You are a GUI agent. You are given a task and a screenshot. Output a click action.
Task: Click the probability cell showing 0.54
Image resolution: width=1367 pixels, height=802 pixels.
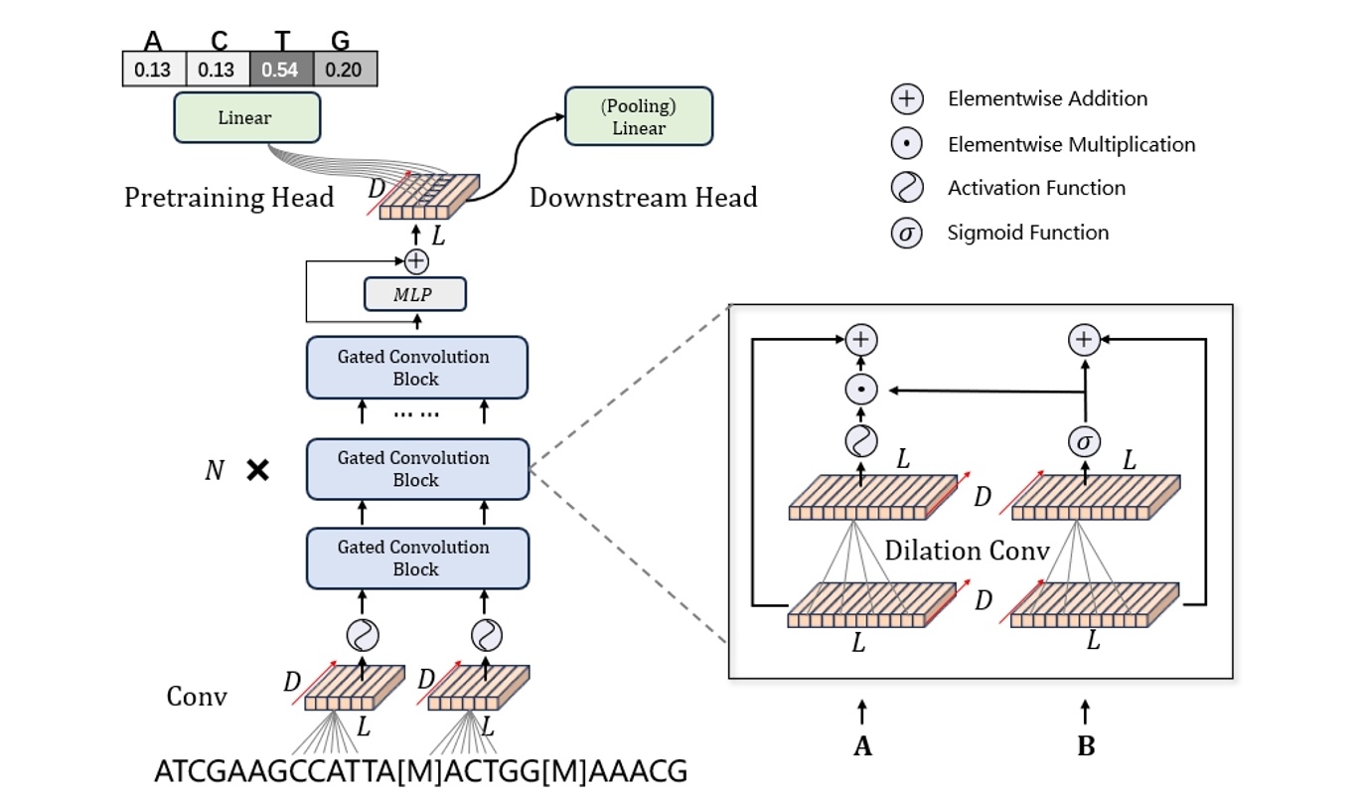[281, 70]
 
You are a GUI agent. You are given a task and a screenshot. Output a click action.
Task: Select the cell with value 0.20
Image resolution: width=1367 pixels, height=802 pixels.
[345, 70]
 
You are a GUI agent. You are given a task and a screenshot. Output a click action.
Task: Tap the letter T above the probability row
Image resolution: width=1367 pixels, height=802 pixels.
[281, 42]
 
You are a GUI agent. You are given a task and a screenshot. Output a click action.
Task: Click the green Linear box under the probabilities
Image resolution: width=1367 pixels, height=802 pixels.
[246, 118]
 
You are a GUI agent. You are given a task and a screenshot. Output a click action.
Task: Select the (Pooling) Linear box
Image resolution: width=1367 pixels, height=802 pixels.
[639, 117]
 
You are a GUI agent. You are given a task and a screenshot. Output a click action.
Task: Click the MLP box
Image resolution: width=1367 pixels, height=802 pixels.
[414, 294]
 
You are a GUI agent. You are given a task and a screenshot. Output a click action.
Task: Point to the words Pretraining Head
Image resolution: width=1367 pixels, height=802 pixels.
[228, 198]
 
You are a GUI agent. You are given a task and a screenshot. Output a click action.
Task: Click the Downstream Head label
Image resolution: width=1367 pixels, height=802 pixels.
[643, 198]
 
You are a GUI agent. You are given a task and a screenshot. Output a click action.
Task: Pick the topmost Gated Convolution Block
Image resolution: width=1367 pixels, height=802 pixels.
[416, 368]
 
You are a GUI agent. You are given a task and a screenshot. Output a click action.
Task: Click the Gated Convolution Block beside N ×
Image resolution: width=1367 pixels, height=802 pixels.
[416, 469]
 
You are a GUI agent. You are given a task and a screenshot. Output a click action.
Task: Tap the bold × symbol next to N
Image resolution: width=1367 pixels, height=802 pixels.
[257, 470]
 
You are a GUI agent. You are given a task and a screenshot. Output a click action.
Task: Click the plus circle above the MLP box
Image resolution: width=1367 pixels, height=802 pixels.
[416, 261]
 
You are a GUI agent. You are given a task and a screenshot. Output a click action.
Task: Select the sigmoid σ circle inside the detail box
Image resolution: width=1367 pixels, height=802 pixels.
[1083, 440]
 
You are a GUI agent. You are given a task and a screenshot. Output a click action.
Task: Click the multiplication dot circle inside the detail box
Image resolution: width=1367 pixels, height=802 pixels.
[860, 391]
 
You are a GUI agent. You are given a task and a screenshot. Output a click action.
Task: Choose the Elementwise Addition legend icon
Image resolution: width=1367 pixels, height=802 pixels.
[907, 99]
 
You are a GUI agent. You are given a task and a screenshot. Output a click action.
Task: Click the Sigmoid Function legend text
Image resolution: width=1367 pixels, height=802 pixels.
[1028, 233]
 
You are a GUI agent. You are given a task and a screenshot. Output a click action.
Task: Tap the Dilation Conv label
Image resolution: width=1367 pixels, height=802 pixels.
[966, 550]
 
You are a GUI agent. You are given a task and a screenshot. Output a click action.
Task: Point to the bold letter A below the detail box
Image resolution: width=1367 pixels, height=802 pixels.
[862, 745]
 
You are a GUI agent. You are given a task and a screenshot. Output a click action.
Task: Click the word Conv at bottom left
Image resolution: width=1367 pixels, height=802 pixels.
[197, 696]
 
